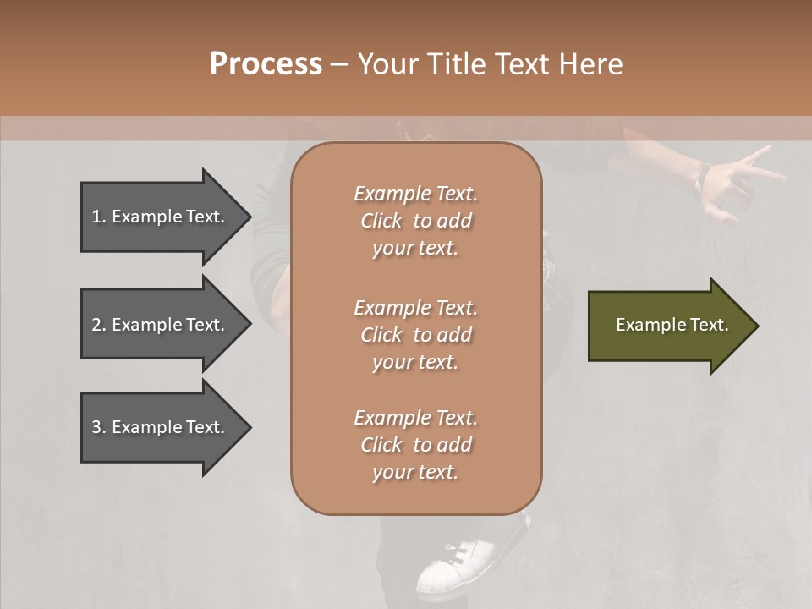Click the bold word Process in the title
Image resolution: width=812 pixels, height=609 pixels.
tap(266, 63)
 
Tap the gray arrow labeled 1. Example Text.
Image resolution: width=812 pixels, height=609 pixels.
tap(161, 217)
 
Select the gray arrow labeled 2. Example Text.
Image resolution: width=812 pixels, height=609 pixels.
tap(161, 325)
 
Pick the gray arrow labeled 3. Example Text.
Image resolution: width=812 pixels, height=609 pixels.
tap(161, 427)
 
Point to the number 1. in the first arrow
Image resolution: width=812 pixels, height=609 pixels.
tap(99, 217)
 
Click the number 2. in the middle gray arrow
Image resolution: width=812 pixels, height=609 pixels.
tap(99, 325)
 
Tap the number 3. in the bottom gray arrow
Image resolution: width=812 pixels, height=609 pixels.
tap(99, 427)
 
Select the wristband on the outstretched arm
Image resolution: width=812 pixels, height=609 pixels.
tap(702, 175)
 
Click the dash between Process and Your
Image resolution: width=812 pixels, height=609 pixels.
tap(340, 64)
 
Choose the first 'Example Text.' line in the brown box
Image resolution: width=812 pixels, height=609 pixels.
tap(415, 194)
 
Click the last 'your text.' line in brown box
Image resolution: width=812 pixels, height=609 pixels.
tap(415, 472)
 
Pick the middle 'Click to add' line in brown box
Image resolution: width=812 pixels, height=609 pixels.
tap(415, 335)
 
